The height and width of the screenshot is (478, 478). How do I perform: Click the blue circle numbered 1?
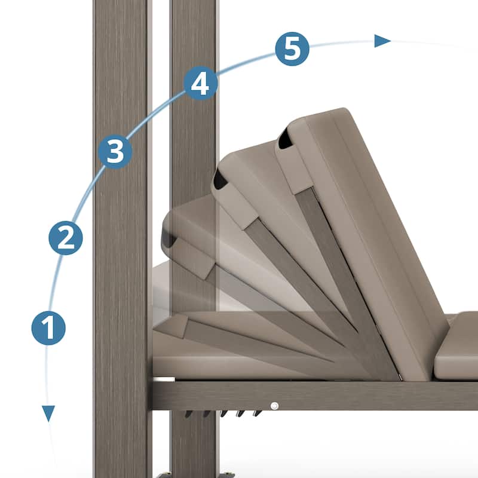48,328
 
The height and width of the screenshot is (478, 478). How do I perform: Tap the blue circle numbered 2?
66,238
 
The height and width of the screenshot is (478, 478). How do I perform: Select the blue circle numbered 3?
115,152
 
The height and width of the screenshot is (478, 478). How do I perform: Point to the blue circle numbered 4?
201,83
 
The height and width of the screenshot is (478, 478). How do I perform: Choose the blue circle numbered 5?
292,49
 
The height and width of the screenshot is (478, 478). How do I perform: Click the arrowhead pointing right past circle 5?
382,41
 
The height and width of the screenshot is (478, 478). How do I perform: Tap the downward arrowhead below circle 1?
48,413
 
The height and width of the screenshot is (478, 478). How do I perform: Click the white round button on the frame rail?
274,406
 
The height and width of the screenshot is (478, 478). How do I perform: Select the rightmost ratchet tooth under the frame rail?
258,413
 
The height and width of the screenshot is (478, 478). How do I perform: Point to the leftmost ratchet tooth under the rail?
189,413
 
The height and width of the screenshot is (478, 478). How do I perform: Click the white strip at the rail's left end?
163,379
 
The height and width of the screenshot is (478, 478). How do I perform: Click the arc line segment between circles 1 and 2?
55,281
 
